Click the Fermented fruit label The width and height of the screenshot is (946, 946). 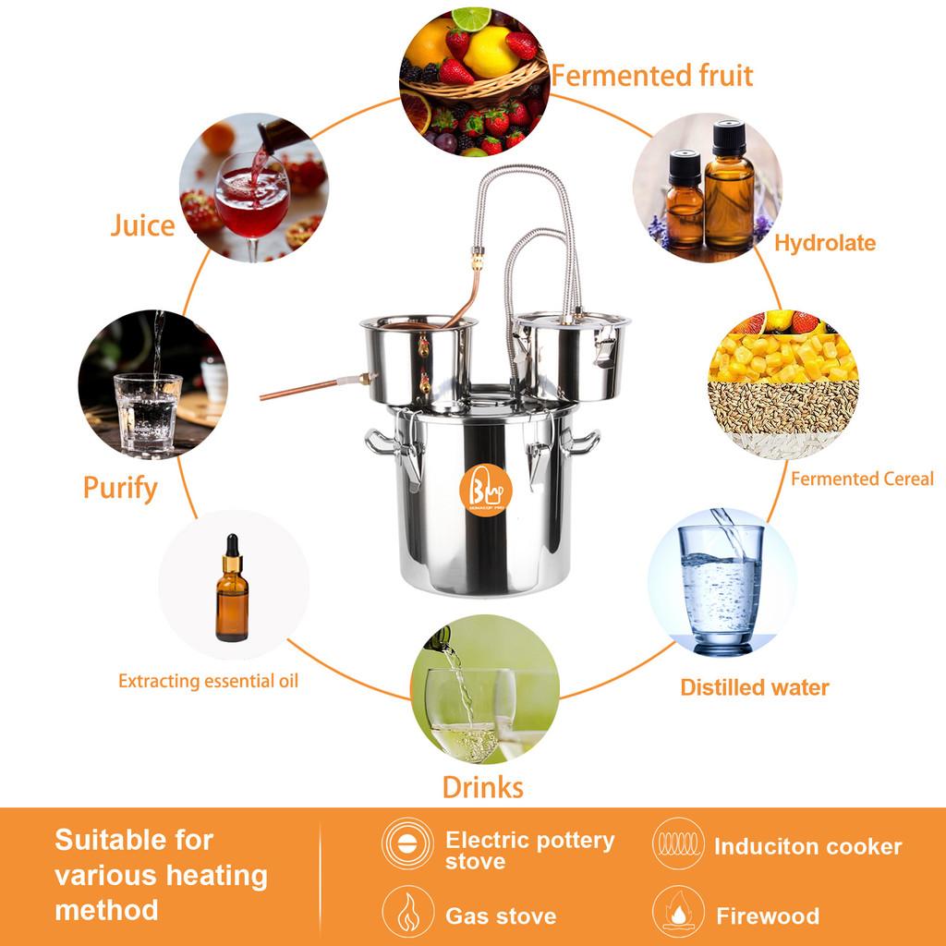(651, 75)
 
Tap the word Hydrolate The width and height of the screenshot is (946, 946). (824, 243)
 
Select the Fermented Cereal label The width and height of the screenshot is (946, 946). (861, 479)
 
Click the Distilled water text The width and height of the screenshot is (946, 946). (754, 687)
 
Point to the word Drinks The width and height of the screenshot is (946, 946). (482, 787)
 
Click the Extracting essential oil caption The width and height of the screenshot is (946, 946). (208, 682)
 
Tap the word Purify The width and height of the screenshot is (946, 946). (120, 487)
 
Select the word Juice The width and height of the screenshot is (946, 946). (142, 225)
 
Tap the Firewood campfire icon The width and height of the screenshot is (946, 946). (678, 912)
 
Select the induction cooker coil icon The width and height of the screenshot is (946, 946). (678, 843)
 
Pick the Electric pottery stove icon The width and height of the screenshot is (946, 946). (407, 843)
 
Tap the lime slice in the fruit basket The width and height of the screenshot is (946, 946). (472, 18)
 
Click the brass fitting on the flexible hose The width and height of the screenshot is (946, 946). (477, 260)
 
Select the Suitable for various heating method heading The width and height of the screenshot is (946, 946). (161, 875)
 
